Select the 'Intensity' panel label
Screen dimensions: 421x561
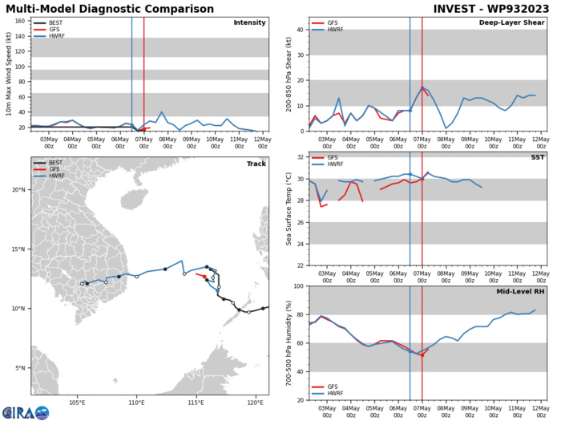[249, 22]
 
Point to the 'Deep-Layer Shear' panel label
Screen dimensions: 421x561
[510, 22]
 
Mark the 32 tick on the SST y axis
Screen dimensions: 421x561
[300, 157]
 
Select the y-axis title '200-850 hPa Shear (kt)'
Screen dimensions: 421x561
[289, 73]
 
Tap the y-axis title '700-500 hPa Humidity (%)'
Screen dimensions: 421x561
[289, 342]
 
